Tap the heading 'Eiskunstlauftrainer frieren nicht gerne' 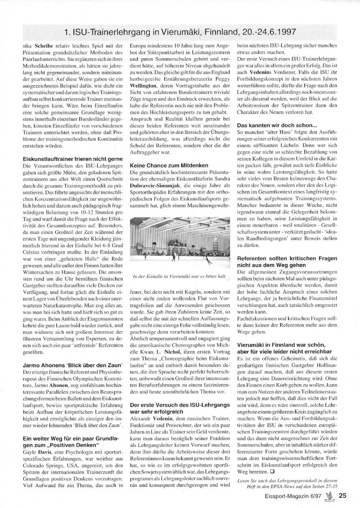pyautogui.click(x=73, y=159)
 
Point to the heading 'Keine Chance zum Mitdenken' pyautogui.click(x=169, y=165)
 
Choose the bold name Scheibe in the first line pyautogui.click(x=44, y=46)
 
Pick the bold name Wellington pyautogui.click(x=143, y=86)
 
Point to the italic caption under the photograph pyautogui.click(x=179, y=276)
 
